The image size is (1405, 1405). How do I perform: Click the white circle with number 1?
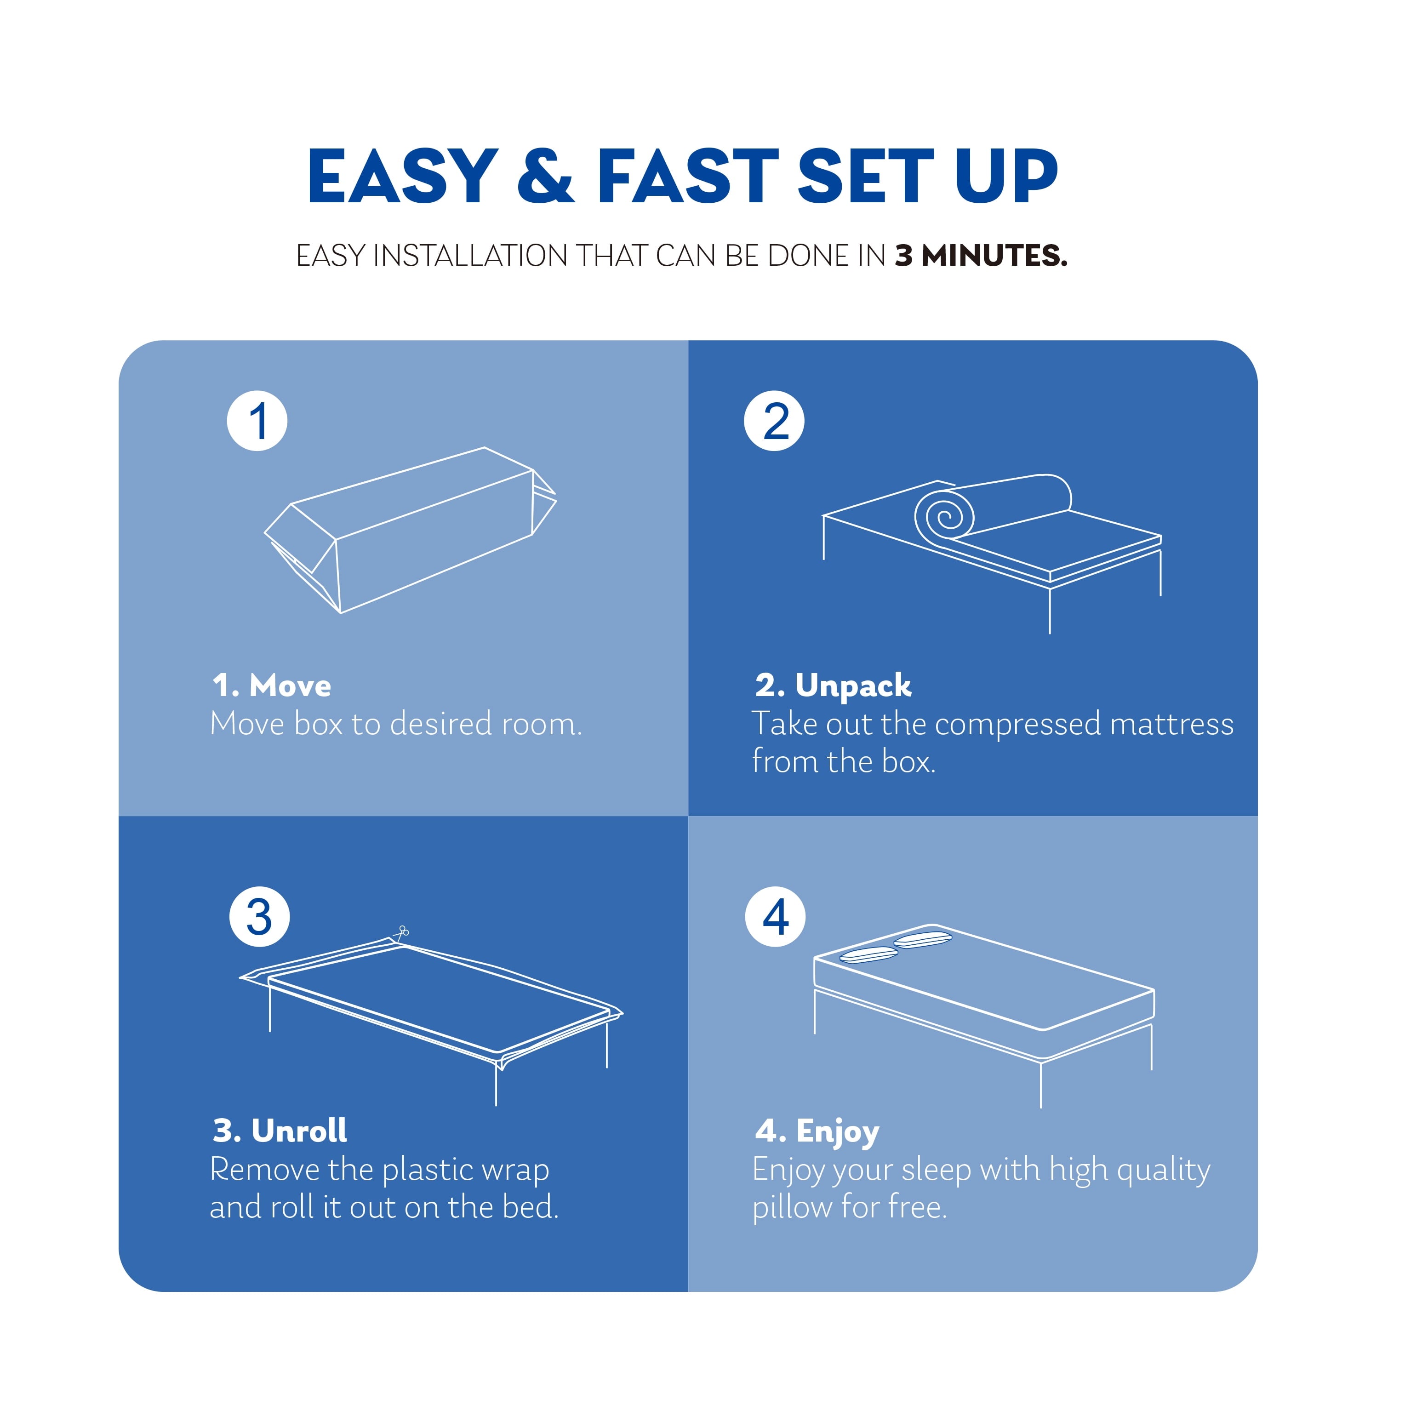tap(257, 421)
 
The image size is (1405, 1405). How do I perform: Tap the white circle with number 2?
tap(774, 421)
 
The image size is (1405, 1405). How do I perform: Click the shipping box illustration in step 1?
tap(411, 531)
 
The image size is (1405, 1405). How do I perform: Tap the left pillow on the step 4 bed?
tap(868, 955)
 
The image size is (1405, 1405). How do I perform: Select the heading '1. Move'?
tap(272, 686)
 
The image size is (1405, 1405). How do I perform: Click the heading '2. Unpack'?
tap(834, 686)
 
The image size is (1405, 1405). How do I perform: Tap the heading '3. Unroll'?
tap(280, 1131)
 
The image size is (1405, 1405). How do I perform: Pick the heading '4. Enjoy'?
tap(817, 1131)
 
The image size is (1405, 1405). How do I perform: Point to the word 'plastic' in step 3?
tap(428, 1170)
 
